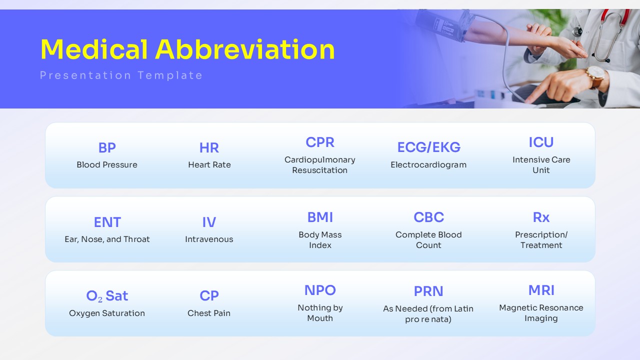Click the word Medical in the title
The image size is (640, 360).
[94, 49]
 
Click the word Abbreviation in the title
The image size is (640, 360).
[245, 49]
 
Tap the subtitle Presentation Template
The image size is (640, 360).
[121, 75]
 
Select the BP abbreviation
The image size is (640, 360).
[107, 147]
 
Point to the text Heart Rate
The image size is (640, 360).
[209, 164]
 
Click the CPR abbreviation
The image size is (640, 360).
[320, 142]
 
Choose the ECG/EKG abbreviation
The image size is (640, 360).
[429, 147]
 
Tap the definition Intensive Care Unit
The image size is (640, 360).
[541, 165]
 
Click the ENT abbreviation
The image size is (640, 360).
[107, 222]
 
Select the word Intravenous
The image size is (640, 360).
[209, 239]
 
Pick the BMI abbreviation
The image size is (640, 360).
[320, 217]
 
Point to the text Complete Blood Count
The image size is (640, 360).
[428, 239]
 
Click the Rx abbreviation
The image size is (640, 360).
[541, 217]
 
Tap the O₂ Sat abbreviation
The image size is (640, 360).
[107, 296]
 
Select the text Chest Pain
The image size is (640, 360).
[209, 313]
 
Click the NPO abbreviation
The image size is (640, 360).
[320, 290]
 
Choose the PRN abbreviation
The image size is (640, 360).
[428, 291]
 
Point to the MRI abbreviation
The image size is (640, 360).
[541, 290]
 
